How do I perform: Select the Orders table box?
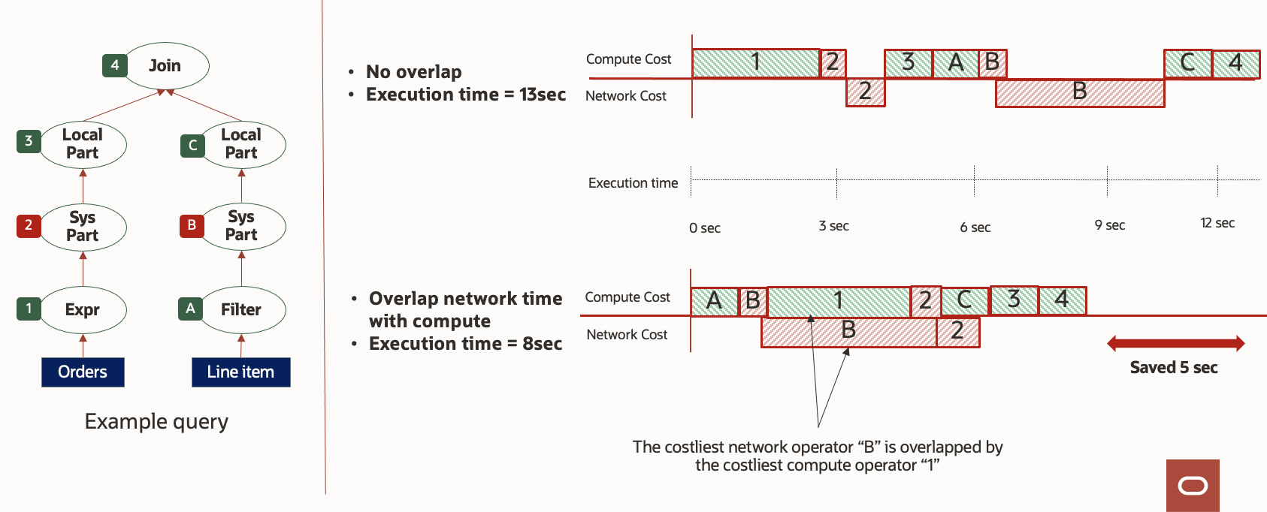83,372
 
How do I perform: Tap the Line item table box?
240,372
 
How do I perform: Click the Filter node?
241,309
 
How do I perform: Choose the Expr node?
83,309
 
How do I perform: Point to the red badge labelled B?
192,225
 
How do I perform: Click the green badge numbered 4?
114,65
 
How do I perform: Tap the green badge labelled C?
192,145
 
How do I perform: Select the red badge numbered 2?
29,225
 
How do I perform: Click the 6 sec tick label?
975,227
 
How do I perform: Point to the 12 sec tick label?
1217,223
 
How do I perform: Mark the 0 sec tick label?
704,228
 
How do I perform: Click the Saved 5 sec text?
1174,367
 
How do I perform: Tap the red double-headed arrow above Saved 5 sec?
1175,344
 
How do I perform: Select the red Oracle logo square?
1193,486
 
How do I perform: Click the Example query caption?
156,422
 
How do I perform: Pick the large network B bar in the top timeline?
1080,93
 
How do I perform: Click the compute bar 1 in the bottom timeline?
839,301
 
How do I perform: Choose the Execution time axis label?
633,183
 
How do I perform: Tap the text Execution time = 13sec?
466,95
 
